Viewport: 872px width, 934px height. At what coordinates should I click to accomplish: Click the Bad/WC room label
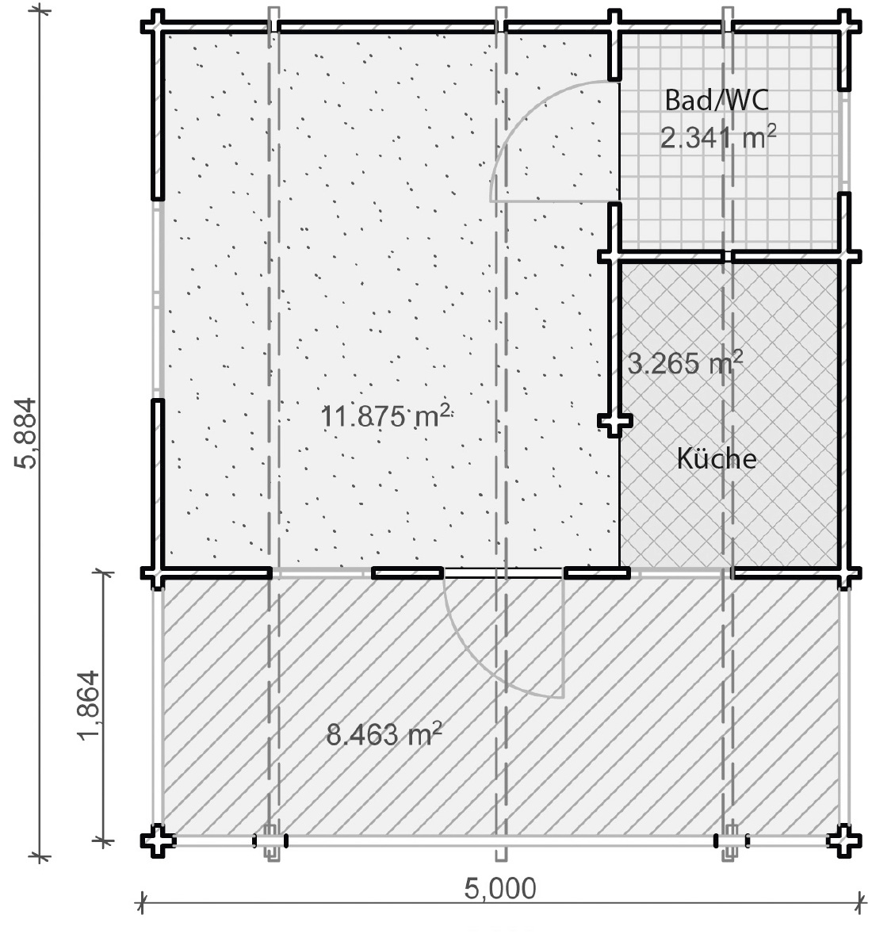coord(717,100)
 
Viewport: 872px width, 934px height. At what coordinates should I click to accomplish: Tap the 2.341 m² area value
coord(718,138)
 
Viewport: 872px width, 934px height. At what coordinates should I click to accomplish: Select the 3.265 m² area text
coord(686,362)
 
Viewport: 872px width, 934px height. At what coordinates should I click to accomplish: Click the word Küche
coord(717,458)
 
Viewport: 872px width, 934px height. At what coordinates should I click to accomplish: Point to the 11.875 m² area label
coord(385,415)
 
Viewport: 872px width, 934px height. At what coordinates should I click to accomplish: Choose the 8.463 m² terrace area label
coord(384,734)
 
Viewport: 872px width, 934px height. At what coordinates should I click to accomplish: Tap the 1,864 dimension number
coord(88,706)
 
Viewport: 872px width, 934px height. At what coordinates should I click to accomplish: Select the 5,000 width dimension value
coord(500,889)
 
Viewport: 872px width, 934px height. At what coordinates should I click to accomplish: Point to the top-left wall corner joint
coord(157,26)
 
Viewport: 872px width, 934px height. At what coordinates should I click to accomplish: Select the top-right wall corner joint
coord(844,26)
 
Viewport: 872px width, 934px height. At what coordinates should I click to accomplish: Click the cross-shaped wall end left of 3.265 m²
coord(614,421)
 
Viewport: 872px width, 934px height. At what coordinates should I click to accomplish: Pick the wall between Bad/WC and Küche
coord(729,257)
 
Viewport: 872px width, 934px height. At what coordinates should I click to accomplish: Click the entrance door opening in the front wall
coord(503,573)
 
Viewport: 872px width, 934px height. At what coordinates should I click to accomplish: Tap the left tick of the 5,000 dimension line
coord(142,902)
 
